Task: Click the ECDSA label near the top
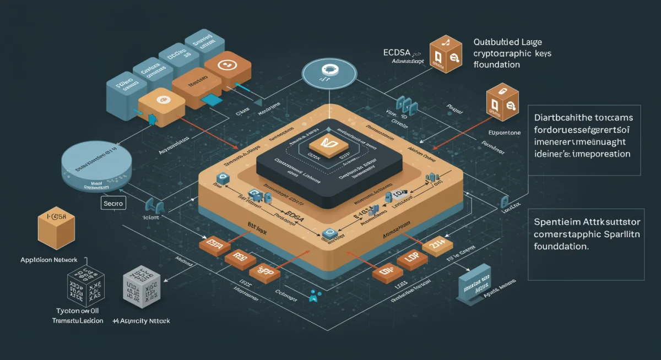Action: [398, 53]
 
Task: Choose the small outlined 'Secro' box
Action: [114, 204]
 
